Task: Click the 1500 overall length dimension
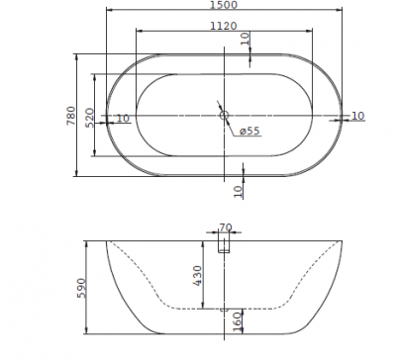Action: [224, 5]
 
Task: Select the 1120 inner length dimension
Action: [224, 26]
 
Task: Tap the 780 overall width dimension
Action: [71, 116]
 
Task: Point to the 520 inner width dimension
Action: [90, 118]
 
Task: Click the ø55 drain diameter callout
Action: [249, 131]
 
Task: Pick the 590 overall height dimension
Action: [81, 288]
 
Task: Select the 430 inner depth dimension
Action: [197, 276]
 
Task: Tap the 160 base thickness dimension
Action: [238, 321]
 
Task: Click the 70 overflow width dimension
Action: [226, 227]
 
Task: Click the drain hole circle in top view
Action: [224, 115]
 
